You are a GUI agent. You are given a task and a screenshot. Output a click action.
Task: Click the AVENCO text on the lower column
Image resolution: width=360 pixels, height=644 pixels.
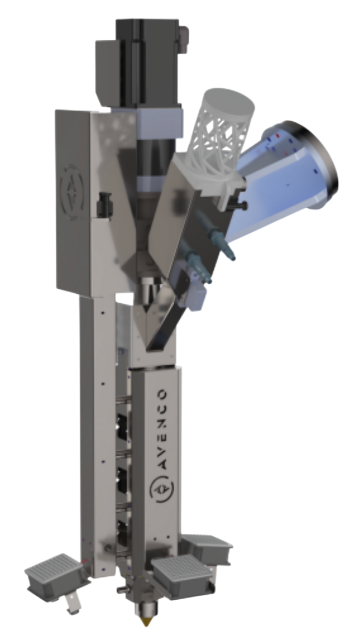pyautogui.click(x=163, y=430)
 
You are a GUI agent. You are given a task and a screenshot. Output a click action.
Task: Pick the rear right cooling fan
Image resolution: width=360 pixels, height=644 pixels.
pyautogui.click(x=208, y=546)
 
